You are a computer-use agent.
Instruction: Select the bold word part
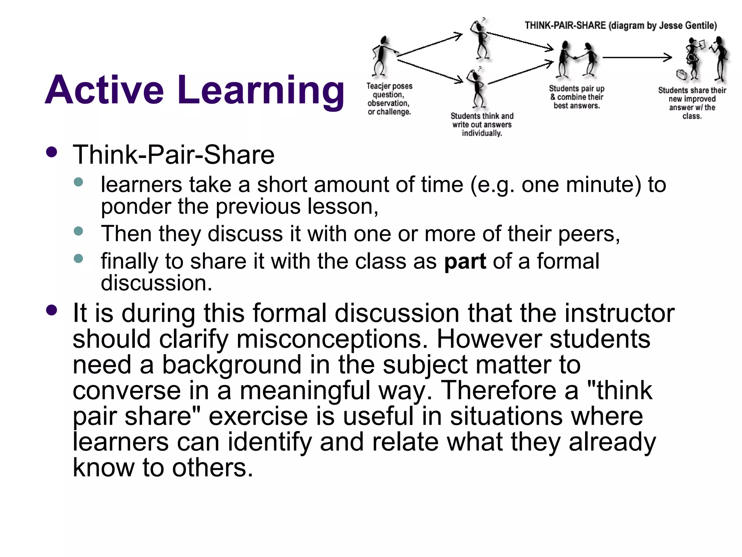pos(465,261)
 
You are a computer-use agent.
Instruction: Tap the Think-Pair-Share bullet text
pos(174,155)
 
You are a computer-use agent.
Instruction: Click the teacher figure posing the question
pos(381,56)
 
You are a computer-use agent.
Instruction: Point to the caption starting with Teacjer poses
pos(389,99)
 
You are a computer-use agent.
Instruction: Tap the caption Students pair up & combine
pos(576,97)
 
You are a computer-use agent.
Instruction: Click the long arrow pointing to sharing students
pos(637,57)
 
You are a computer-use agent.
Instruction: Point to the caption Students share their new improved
pos(692,103)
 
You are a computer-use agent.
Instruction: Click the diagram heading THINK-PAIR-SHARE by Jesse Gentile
pos(621,25)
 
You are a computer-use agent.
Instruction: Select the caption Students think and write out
pos(482,124)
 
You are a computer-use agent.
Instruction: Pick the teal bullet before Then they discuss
pos(78,231)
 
